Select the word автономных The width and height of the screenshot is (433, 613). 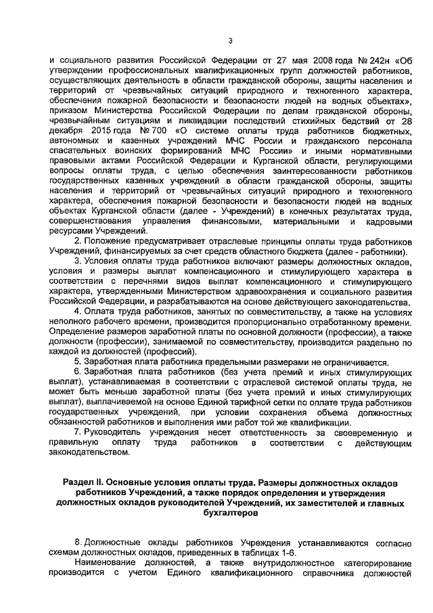tap(79, 139)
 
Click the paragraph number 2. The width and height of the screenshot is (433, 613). tap(78, 242)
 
